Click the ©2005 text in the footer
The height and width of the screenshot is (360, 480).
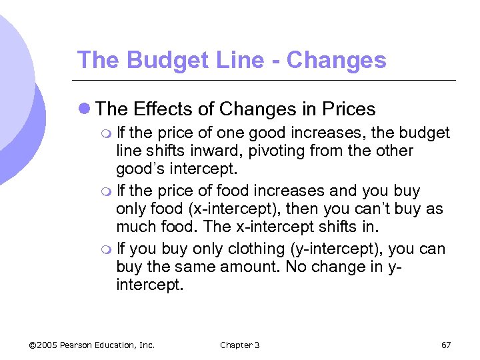[43, 345]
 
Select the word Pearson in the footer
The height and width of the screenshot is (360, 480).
[81, 345]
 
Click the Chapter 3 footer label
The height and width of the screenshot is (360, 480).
[239, 345]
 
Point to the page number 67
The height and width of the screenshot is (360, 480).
[446, 345]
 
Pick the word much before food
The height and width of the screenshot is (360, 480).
[136, 227]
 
